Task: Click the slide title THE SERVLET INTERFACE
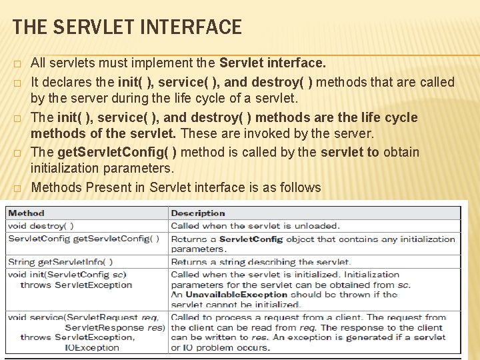(127, 27)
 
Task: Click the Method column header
(26, 213)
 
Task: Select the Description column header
(198, 213)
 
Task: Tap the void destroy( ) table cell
(41, 226)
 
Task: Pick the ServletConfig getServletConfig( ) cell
(83, 239)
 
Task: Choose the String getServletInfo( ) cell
(61, 261)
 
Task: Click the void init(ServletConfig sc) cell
(67, 274)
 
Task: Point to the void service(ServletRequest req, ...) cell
(83, 317)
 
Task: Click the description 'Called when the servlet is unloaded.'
(255, 226)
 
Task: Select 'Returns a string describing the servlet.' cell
(261, 261)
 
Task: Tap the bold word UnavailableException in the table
(227, 294)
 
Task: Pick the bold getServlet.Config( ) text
(117, 152)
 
